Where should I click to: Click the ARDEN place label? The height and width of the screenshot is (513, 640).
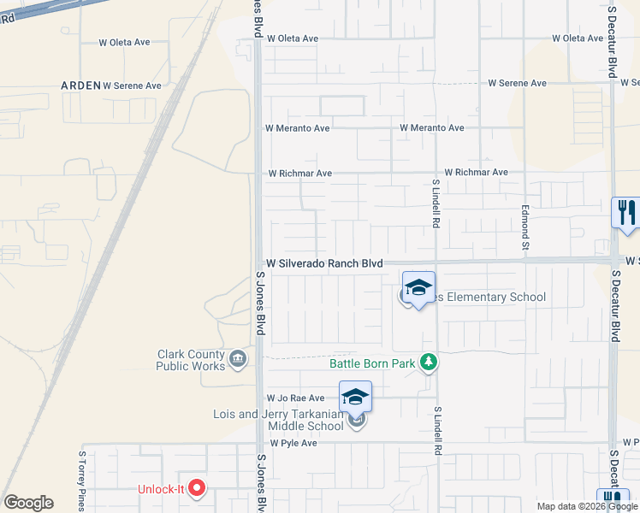coord(80,85)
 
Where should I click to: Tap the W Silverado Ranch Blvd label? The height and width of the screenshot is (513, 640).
coord(324,264)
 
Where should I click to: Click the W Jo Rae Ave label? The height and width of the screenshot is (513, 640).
coord(296,398)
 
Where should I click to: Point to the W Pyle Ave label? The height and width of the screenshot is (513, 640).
coord(293,443)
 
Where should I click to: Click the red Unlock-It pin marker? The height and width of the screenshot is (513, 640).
coord(198,489)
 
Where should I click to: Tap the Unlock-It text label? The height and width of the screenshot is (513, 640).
coord(161,490)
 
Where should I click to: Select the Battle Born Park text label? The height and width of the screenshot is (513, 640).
coord(372,363)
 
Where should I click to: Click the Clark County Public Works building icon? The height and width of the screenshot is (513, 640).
coord(238,358)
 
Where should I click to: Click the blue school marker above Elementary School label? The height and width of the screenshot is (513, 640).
coord(418,288)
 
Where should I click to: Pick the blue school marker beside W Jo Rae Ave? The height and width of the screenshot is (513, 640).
coord(355,398)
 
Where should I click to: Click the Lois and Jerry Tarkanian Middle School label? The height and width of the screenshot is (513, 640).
coord(279,420)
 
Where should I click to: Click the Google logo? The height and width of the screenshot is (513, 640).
coord(28,503)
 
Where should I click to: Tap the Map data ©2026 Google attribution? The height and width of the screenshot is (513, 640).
coord(588,506)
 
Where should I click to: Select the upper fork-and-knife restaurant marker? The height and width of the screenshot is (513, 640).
coord(626,213)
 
